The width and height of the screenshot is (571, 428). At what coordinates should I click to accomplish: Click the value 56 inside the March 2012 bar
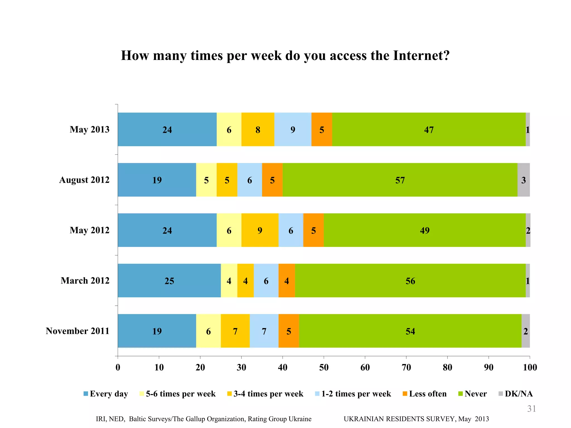410,281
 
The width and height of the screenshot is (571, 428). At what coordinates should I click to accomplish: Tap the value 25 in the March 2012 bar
169,281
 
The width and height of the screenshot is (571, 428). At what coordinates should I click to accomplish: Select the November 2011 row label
78,331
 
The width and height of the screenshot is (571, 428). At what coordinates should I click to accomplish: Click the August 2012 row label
84,180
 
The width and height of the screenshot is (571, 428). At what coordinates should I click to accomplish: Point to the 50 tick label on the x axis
324,368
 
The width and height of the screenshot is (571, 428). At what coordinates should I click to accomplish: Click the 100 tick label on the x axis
530,368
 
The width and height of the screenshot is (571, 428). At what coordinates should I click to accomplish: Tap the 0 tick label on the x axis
118,368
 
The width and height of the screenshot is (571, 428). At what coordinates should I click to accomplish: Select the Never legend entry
475,394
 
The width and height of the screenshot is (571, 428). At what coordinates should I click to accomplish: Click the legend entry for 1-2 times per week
356,394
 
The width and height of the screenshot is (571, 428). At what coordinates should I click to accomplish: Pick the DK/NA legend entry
518,394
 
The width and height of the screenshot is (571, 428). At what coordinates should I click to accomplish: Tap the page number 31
531,409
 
